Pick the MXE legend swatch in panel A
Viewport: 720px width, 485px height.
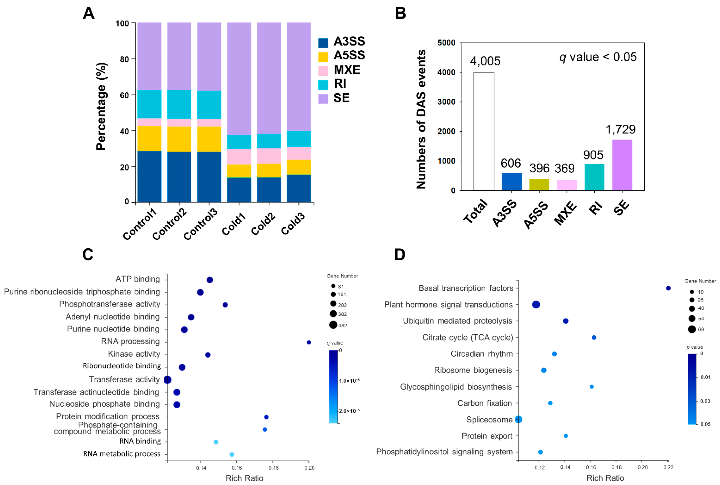coord(323,71)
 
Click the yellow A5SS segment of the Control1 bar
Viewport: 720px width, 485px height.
coord(149,138)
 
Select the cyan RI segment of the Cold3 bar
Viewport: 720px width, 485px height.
coord(298,139)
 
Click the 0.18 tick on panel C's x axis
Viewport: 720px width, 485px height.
coord(273,468)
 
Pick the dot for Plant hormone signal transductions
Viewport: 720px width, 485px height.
coord(536,305)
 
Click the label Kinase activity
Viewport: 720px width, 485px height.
coord(134,354)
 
